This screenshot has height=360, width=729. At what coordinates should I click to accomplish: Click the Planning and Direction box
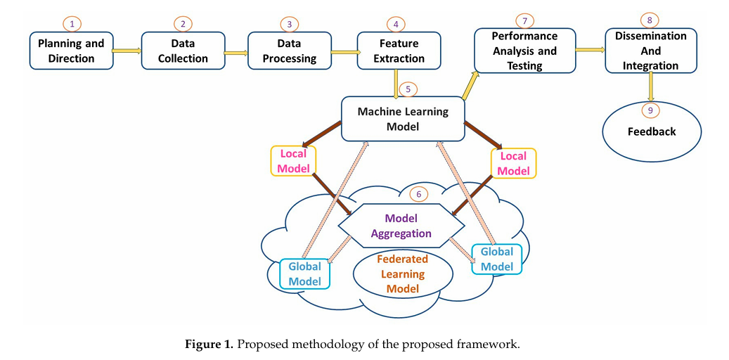click(x=71, y=51)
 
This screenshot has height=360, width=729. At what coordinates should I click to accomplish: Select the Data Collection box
click(x=183, y=51)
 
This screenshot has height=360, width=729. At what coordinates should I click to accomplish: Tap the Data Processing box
click(x=288, y=51)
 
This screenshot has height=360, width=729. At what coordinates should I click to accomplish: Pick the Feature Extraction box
click(x=399, y=51)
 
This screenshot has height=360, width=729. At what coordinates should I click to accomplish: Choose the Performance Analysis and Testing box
click(x=524, y=51)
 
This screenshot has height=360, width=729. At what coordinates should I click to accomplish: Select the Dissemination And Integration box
click(x=651, y=51)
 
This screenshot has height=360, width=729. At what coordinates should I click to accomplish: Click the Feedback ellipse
click(x=652, y=131)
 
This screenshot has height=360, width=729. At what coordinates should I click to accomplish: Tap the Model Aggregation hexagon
click(x=402, y=226)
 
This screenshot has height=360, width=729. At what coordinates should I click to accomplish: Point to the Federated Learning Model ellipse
click(x=402, y=274)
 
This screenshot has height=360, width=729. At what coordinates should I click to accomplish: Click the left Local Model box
click(x=292, y=161)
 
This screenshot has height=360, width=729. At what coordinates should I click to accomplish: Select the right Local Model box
click(x=513, y=163)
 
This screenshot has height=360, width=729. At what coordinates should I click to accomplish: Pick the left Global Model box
click(x=304, y=274)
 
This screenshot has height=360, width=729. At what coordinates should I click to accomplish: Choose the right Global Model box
click(x=497, y=259)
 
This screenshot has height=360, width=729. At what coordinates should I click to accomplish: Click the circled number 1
click(x=71, y=23)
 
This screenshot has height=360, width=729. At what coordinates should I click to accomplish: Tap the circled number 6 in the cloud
click(x=418, y=193)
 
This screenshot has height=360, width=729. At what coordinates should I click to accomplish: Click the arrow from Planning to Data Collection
click(x=127, y=51)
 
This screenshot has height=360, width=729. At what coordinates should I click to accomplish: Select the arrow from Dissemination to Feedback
click(x=651, y=87)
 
